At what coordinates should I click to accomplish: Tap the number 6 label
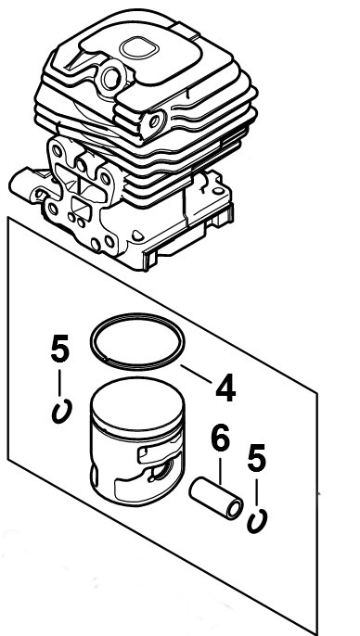tap(219, 439)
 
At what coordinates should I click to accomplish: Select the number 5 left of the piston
tap(59, 351)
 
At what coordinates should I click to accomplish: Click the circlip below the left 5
tap(61, 409)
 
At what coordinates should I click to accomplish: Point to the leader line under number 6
tap(219, 466)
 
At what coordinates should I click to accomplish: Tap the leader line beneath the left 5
tap(60, 382)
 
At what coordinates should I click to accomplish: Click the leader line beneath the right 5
tap(258, 493)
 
